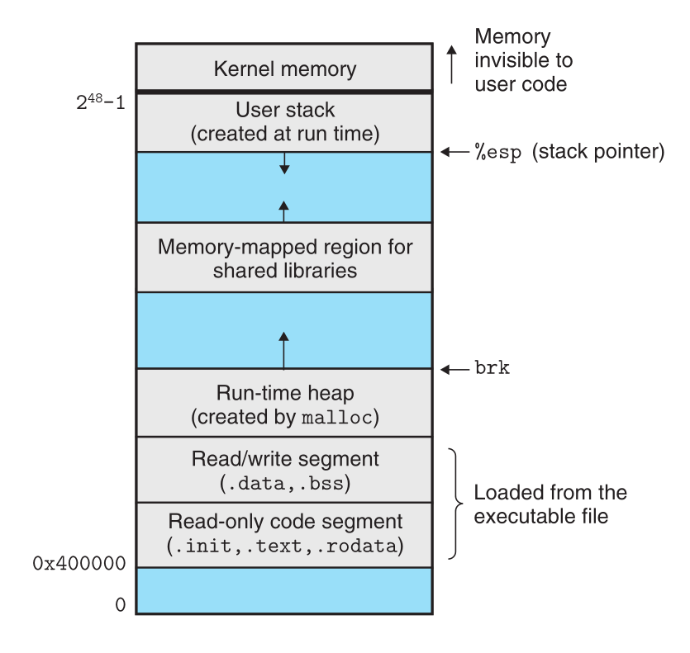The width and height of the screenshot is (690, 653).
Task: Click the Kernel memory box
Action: [x=283, y=68]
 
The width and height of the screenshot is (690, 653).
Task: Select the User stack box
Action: [x=283, y=122]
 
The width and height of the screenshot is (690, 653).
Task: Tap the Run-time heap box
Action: [x=283, y=404]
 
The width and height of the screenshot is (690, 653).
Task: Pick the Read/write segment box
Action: [x=283, y=470]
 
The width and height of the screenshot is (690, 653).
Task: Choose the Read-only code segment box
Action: [x=283, y=534]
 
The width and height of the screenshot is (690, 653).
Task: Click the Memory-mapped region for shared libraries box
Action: [x=283, y=258]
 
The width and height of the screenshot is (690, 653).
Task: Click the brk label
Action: [x=493, y=369]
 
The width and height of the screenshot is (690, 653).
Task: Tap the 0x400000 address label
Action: [x=79, y=565]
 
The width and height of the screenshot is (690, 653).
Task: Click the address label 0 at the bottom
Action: [x=121, y=605]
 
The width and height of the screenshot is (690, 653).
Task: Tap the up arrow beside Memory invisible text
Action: [x=451, y=64]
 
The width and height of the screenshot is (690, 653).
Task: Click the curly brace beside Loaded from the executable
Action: [x=456, y=504]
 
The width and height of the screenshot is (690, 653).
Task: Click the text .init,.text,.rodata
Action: [x=285, y=546]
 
